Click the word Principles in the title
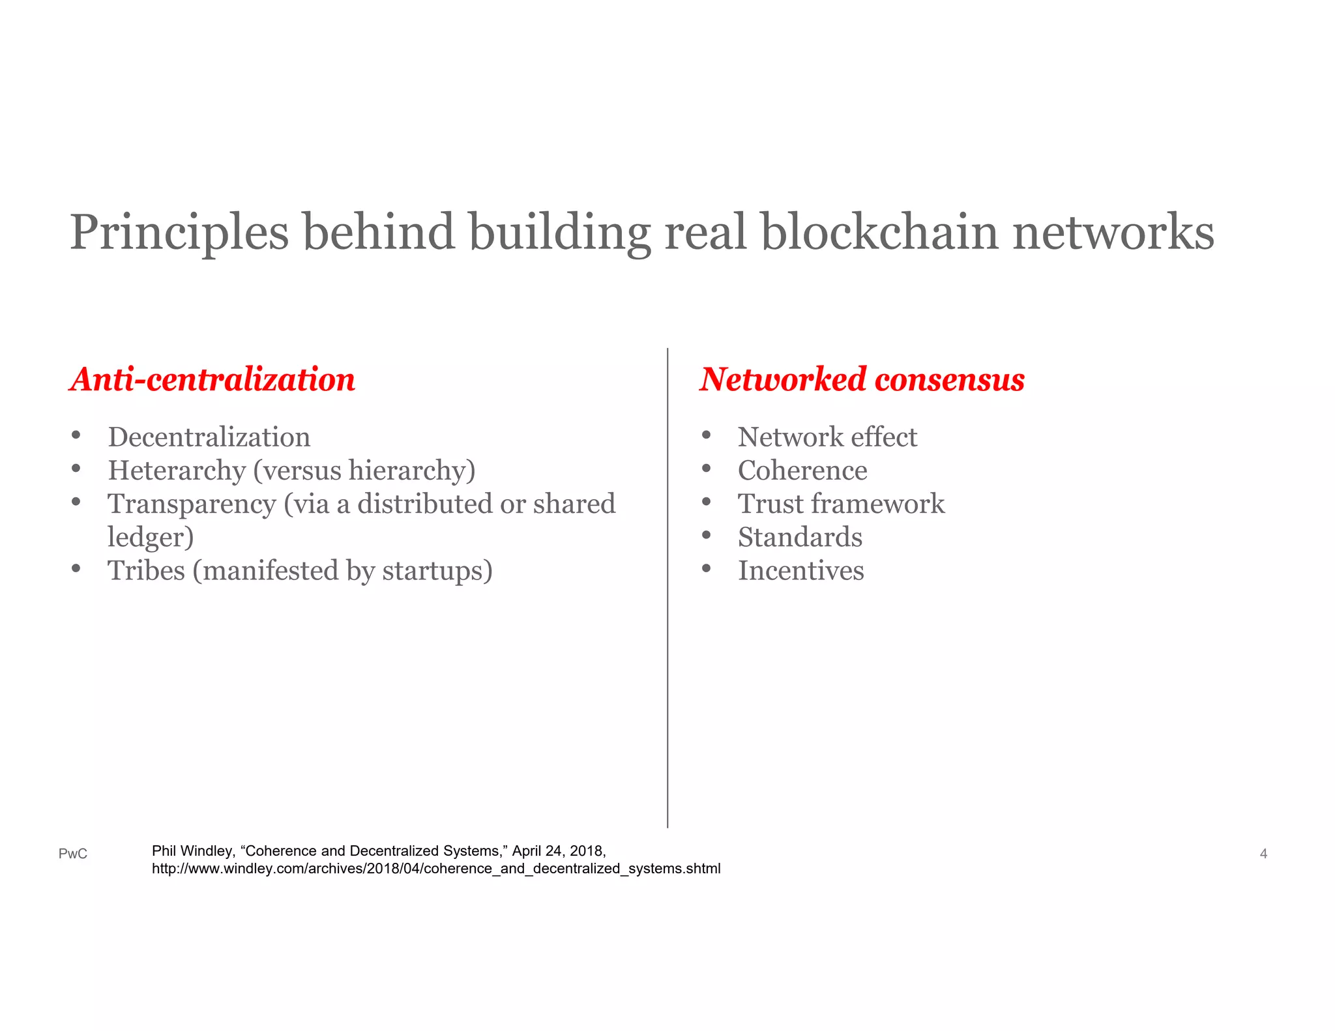click(179, 232)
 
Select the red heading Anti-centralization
click(213, 379)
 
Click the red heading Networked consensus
click(862, 379)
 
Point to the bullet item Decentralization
click(209, 437)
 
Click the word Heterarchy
click(177, 471)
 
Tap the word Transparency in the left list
click(192, 504)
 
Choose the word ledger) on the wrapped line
click(151, 538)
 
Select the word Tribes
click(147, 571)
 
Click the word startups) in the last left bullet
click(437, 571)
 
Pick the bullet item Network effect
click(827, 437)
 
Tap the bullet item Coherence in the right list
click(802, 471)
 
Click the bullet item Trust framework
click(841, 504)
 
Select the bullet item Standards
click(800, 538)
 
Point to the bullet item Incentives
click(800, 571)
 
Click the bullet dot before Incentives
click(706, 569)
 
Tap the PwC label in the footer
click(73, 854)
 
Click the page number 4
click(1263, 854)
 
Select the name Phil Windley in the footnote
click(192, 851)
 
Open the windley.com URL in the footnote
click(436, 869)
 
